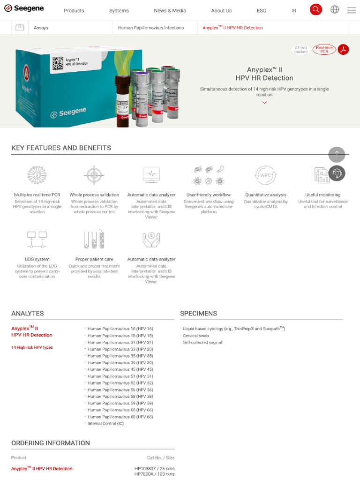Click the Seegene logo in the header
[24, 8]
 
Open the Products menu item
[74, 10]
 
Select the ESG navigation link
[262, 10]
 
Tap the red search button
[316, 9]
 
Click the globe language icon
[335, 9]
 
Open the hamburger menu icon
[352, 10]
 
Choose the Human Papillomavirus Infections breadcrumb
[151, 28]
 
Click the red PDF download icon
[344, 49]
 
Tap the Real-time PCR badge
[324, 49]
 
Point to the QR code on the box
[58, 63]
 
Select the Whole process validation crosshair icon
[94, 175]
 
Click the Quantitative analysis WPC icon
[265, 175]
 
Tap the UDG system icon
[37, 239]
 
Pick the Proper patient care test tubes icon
[94, 239]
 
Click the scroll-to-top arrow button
[337, 155]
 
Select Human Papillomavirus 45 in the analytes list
[120, 369]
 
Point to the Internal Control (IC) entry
[105, 423]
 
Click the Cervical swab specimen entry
[196, 336]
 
